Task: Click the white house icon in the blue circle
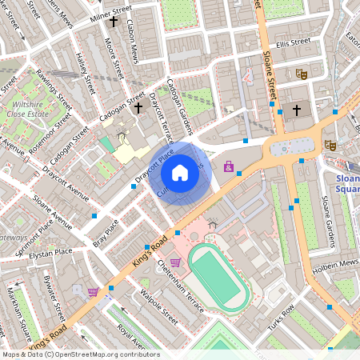(180, 173)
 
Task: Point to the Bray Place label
(105, 232)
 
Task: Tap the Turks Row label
(280, 314)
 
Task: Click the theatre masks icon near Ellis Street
(302, 73)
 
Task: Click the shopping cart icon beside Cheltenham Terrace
(174, 262)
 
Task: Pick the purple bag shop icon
(230, 167)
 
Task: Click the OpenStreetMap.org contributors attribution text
(108, 354)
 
